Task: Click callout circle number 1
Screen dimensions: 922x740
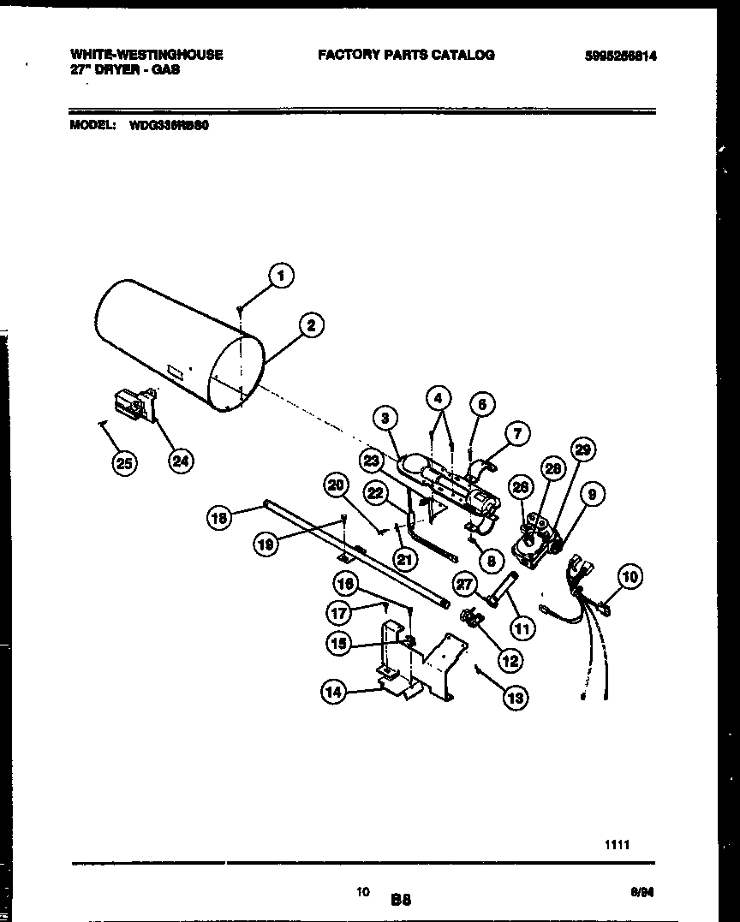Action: [x=279, y=275]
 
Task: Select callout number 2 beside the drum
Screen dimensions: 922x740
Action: [x=311, y=324]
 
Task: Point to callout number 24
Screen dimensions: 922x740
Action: [x=180, y=461]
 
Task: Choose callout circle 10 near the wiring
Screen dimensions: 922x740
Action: [x=630, y=576]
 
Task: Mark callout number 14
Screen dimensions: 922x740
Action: [x=333, y=693]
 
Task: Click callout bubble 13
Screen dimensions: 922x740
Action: [x=516, y=698]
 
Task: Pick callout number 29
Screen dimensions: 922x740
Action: [x=584, y=449]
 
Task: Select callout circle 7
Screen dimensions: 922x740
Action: [x=518, y=433]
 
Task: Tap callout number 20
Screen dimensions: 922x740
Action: [x=336, y=485]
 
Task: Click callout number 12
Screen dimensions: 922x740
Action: [x=511, y=660]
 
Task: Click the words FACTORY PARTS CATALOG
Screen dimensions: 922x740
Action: [x=406, y=55]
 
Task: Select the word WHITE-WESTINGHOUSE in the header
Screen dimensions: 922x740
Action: [x=146, y=55]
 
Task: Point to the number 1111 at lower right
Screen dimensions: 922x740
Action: [x=618, y=844]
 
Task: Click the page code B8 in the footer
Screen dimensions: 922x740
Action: [x=401, y=900]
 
